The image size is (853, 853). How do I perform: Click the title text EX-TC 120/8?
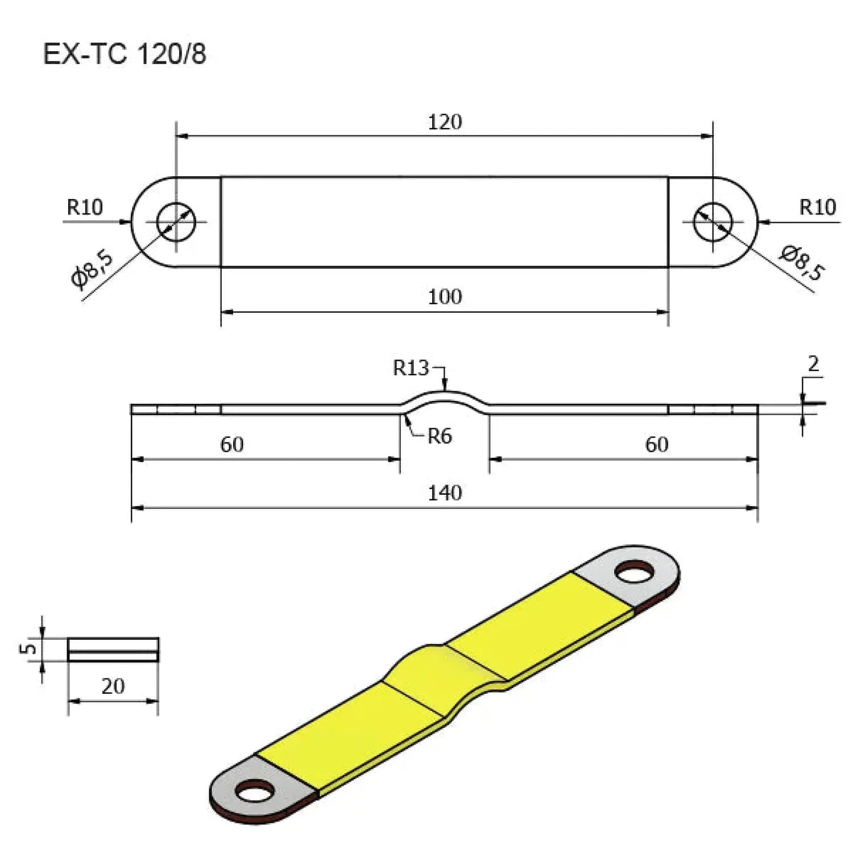coord(125,55)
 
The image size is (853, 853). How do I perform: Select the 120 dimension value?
coord(445,122)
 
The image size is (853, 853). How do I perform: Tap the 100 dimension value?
coord(445,297)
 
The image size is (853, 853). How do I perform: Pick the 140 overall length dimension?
coord(445,493)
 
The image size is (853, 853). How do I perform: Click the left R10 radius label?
coord(85,208)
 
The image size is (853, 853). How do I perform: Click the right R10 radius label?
coord(817,208)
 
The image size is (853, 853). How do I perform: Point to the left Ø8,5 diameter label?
coord(93,269)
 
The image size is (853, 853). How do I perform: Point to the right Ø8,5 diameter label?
coord(801,262)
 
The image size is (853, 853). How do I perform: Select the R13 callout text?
coord(411,368)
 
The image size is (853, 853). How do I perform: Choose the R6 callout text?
coord(440,437)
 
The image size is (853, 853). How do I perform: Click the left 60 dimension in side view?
coord(232,445)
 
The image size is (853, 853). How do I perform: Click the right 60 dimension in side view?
coord(657,445)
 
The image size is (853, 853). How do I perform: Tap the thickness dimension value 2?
coord(813,364)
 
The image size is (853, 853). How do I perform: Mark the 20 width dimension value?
coord(113,686)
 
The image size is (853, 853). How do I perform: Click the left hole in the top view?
coord(176,222)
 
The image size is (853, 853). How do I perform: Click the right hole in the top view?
coord(713,222)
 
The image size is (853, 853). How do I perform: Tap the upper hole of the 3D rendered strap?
coord(635,572)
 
